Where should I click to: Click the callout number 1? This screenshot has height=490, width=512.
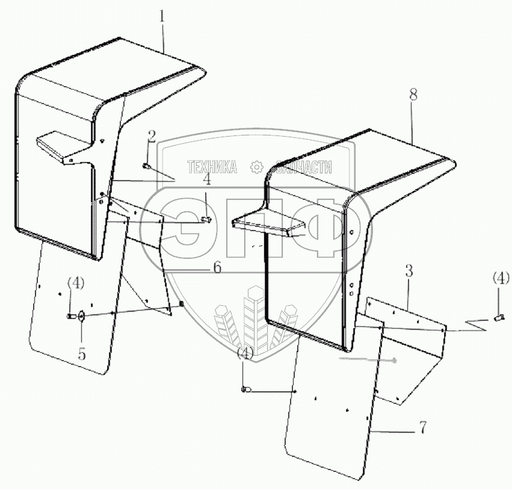tap(162, 16)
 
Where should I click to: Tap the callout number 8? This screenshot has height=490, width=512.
tap(413, 95)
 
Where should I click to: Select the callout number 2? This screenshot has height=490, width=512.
tap(152, 137)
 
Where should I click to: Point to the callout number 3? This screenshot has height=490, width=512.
tap(409, 271)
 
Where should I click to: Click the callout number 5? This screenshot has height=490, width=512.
tap(82, 353)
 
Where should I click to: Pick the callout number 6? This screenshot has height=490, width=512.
tap(217, 267)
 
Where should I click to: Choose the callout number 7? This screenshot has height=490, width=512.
tap(422, 427)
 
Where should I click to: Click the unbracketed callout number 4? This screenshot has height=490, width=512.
tap(206, 179)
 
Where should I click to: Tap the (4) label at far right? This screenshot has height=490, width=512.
tap(501, 278)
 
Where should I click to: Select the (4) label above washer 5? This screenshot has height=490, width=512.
tap(76, 283)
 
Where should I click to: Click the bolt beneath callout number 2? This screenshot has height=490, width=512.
tap(146, 167)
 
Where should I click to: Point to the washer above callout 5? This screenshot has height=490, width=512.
tap(80, 316)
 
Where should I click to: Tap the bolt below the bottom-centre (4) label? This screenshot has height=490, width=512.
tap(247, 389)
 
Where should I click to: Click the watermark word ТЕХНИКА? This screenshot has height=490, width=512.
tap(212, 167)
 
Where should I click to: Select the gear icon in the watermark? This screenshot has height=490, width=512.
tap(257, 167)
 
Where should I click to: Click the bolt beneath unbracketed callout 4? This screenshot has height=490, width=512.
tap(206, 220)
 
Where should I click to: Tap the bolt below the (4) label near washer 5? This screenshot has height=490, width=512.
tap(70, 316)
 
